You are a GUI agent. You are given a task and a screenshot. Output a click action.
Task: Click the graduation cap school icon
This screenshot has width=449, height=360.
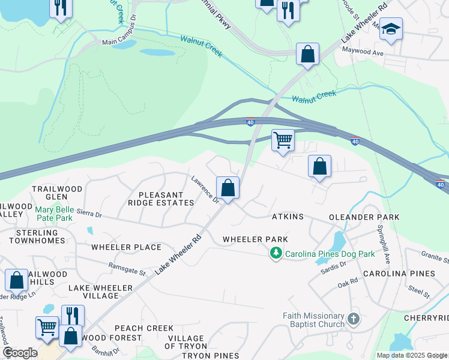click(391, 29)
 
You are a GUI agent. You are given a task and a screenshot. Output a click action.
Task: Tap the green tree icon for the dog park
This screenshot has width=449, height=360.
click(276, 254)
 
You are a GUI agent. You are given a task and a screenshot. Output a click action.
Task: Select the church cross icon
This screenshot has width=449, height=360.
click(353, 319)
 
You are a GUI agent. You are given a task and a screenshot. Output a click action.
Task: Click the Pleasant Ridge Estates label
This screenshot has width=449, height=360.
click(166, 199)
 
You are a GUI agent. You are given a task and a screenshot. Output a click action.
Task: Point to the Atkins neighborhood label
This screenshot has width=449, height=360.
click(288, 216)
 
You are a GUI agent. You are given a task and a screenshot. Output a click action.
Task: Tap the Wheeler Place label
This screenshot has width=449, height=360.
click(126, 247)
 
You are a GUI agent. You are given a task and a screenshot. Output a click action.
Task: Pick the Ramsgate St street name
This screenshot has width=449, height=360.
click(127, 268)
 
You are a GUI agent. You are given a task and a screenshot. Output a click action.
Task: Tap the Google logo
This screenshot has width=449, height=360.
click(20, 352)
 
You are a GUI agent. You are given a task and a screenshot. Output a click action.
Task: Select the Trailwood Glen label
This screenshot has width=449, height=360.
click(57, 193)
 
